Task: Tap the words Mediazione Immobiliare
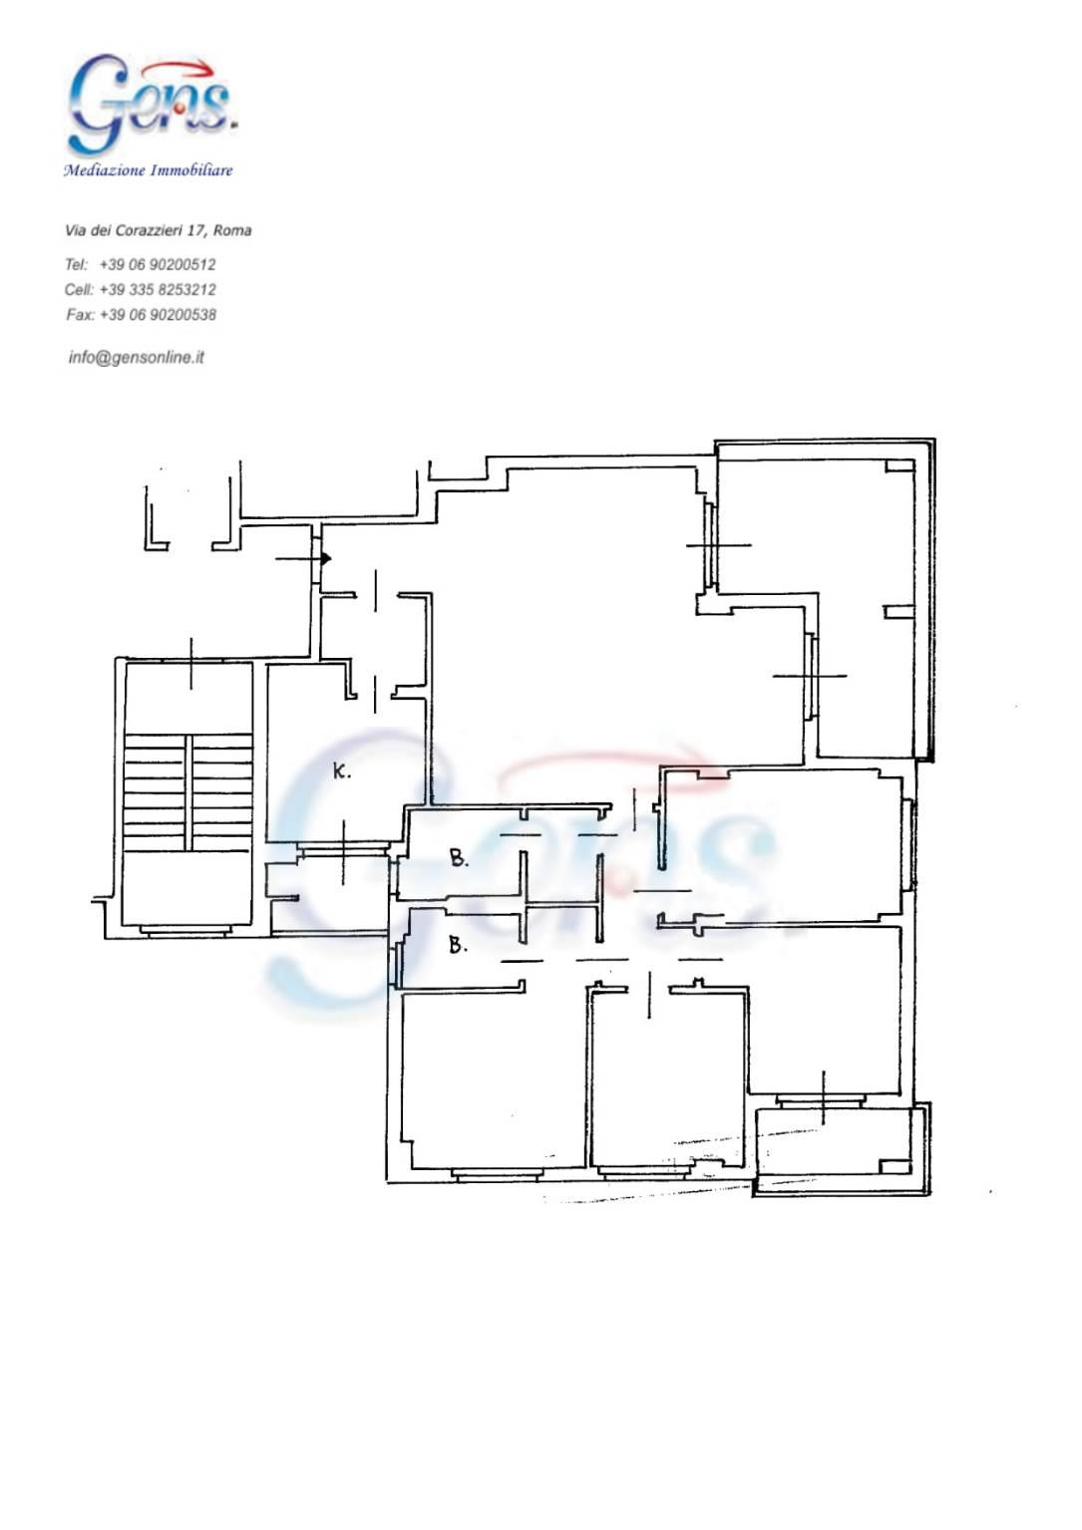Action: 149,170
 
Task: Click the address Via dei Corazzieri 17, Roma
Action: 158,231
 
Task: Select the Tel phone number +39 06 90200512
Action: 158,264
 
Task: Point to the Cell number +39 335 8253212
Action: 158,290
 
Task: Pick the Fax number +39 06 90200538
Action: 158,315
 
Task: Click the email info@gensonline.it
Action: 136,357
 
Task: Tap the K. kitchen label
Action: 341,771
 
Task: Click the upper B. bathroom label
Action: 460,858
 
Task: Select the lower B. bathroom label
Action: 458,945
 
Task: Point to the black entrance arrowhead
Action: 326,559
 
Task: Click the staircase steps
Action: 187,792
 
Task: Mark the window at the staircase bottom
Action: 185,930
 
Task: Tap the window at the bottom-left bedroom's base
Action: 495,1175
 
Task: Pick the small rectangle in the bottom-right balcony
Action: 895,1166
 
